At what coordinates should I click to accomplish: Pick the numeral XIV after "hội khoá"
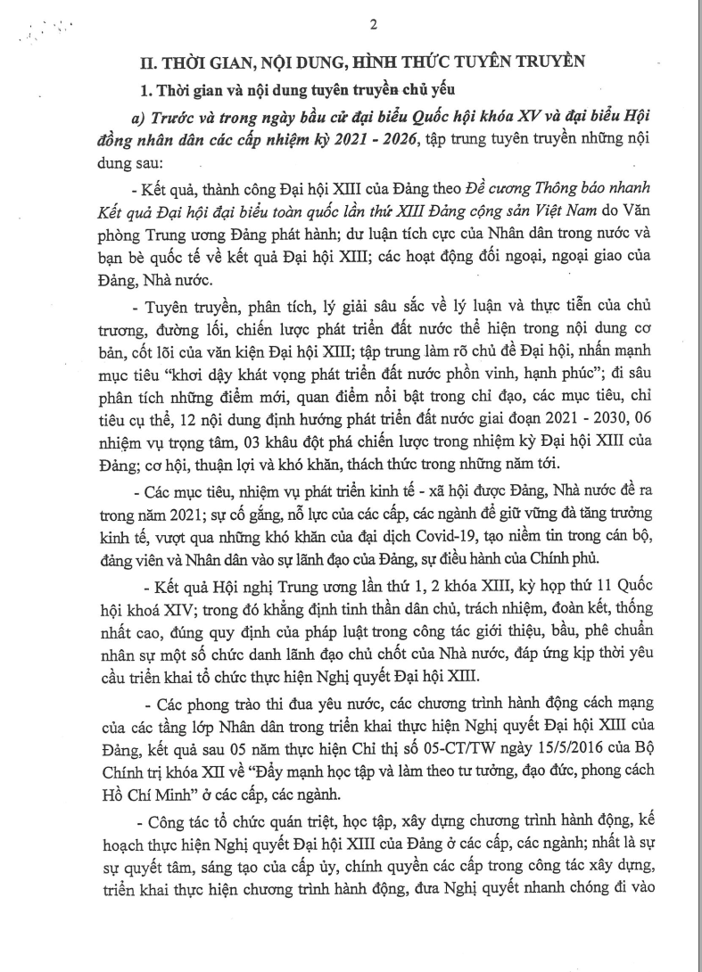click(x=186, y=615)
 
